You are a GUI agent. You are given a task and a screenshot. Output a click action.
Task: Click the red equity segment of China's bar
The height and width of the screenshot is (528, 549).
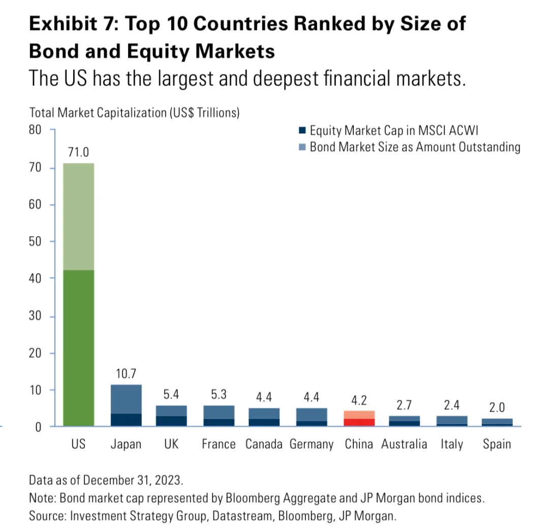359,422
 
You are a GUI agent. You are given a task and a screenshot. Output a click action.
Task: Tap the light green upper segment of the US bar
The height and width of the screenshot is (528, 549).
78,217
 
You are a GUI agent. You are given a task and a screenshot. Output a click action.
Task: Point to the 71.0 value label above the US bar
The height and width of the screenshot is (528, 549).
78,152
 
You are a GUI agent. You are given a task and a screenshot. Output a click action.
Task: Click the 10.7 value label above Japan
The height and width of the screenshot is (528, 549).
126,374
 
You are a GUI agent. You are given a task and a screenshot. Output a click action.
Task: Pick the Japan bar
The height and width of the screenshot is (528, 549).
126,405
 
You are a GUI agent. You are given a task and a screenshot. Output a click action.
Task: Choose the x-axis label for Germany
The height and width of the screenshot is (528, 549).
311,444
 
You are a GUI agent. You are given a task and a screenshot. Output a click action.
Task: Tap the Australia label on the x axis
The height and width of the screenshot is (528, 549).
404,444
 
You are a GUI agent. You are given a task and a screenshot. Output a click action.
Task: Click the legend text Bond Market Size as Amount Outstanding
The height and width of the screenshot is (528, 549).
415,148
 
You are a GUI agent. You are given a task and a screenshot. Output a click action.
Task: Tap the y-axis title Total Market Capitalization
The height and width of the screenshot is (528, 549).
134,113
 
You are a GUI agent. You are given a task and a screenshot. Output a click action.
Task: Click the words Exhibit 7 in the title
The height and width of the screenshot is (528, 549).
71,24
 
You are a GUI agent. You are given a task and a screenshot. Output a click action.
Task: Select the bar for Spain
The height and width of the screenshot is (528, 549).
497,422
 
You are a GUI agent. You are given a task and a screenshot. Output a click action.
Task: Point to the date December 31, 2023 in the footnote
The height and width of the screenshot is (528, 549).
134,480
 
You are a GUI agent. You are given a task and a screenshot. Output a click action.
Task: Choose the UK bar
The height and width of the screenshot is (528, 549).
172,416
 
